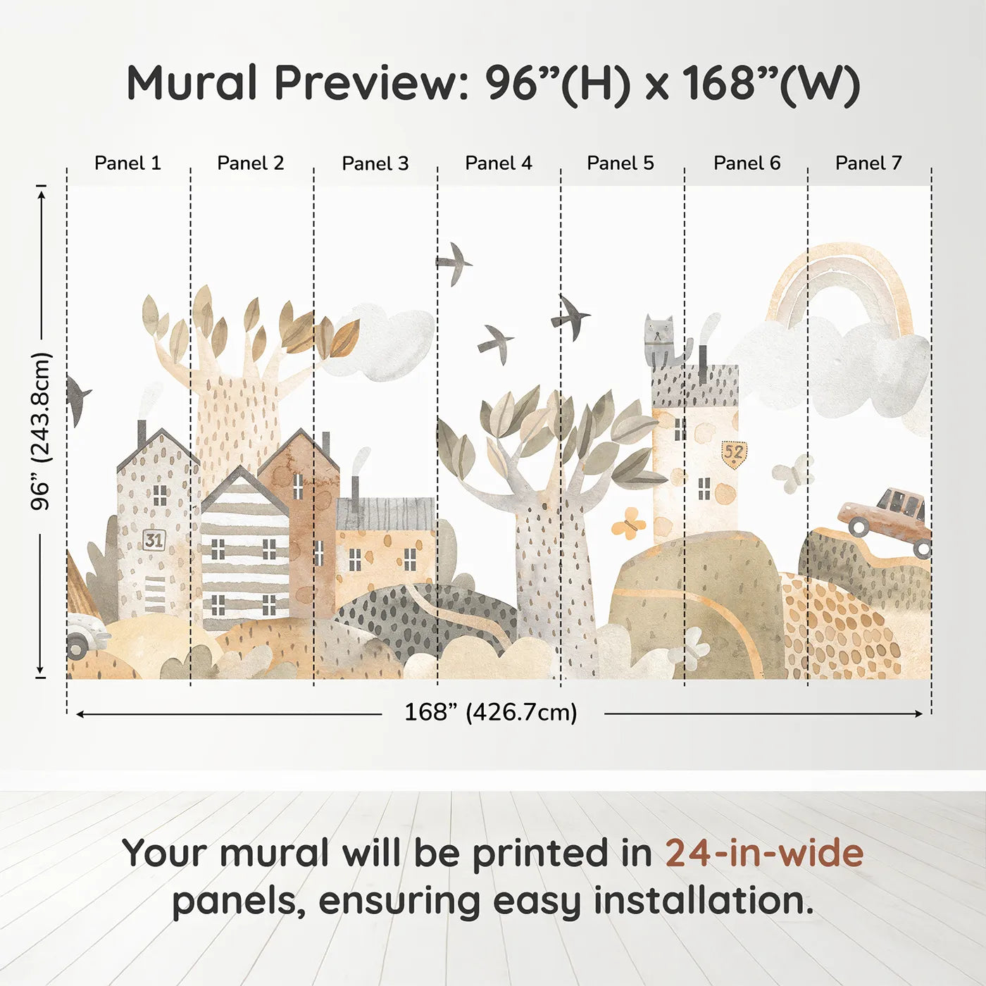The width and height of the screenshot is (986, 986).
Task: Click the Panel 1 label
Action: click(127, 163)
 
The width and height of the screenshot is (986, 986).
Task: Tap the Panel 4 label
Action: click(499, 163)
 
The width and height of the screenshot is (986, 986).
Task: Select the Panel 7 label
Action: click(868, 163)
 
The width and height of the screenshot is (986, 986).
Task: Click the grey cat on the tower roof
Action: click(665, 342)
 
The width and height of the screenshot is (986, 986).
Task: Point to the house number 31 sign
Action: click(154, 540)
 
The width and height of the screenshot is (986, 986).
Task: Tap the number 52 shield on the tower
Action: click(734, 453)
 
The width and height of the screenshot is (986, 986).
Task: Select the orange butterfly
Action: click(628, 523)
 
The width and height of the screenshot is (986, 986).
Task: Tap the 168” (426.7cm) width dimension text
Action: click(491, 712)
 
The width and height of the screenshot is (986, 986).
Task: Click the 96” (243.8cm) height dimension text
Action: click(40, 431)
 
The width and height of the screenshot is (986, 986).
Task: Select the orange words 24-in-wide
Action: click(764, 853)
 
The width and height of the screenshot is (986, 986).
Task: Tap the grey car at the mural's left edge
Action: click(85, 635)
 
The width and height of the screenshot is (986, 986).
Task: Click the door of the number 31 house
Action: click(154, 594)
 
